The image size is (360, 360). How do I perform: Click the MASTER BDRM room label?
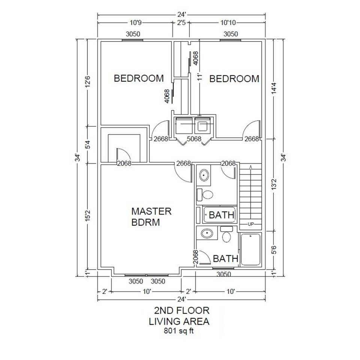[x=151, y=216]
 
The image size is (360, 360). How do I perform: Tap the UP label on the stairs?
[x=251, y=224]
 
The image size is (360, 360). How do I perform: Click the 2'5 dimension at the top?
[x=181, y=23]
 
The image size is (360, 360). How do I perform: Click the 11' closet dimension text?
[x=200, y=77]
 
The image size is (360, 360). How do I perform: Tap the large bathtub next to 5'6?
[x=250, y=249]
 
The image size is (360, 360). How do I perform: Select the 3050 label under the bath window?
[x=224, y=274]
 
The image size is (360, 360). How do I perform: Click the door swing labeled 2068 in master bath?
[x=203, y=258]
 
